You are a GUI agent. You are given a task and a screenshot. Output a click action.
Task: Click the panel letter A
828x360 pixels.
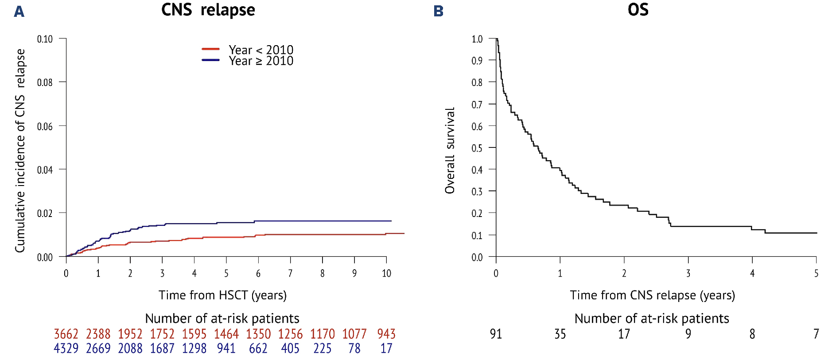pos(19,11)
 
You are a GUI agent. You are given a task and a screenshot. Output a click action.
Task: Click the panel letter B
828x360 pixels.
pos(438,11)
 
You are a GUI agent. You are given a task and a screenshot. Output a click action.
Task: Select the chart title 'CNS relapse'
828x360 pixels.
pos(208,10)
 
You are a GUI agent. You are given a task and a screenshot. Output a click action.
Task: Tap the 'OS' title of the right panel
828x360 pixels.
pos(638,10)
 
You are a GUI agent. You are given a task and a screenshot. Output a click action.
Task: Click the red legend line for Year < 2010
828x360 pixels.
pos(210,49)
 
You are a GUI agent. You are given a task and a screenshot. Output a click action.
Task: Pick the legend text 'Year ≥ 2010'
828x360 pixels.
pos(261,61)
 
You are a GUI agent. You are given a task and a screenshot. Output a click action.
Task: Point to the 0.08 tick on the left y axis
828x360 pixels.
pos(45,82)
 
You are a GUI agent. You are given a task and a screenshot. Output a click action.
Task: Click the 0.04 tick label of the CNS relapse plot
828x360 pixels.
pos(45,170)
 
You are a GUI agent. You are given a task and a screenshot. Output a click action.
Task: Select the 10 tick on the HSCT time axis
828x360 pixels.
pos(386,274)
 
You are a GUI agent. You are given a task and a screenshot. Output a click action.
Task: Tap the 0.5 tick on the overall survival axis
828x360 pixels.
pos(477,148)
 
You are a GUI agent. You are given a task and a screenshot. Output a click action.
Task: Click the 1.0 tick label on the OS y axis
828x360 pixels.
pos(477,39)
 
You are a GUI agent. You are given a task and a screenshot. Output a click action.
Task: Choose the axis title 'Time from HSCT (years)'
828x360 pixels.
pos(222,295)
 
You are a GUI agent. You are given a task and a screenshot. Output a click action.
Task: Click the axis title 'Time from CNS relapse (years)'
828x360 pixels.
pos(652,295)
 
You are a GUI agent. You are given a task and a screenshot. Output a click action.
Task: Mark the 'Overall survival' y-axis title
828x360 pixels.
pos(450,151)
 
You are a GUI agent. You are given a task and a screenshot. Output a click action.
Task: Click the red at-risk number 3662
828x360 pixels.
pos(66,334)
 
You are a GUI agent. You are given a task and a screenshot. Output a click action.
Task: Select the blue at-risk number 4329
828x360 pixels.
pos(66,348)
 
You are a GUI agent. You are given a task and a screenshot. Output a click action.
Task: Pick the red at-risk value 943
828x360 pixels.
pos(386,334)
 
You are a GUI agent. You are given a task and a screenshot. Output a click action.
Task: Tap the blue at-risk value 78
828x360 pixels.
pos(354,348)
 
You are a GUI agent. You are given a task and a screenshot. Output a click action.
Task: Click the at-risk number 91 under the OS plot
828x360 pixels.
pos(496,334)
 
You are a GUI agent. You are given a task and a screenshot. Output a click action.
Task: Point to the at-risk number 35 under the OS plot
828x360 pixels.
pos(560,334)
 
